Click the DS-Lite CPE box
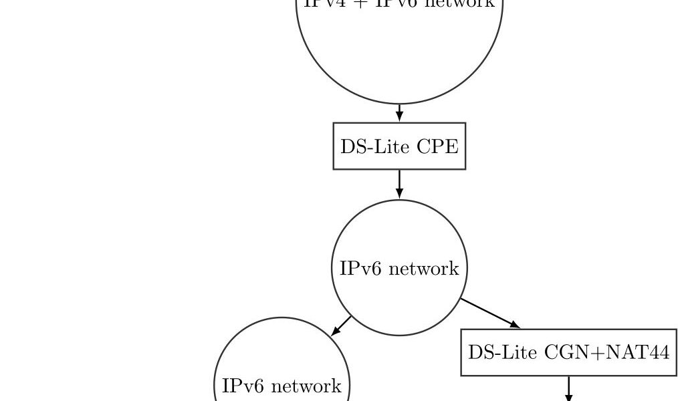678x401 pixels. (x=399, y=146)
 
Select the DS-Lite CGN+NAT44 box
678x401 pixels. (x=568, y=352)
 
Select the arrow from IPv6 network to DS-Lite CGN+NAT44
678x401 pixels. (x=489, y=313)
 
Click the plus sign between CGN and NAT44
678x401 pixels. (x=594, y=352)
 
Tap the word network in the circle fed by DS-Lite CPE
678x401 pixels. (x=423, y=269)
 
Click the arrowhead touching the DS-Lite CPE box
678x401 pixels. (x=399, y=117)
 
